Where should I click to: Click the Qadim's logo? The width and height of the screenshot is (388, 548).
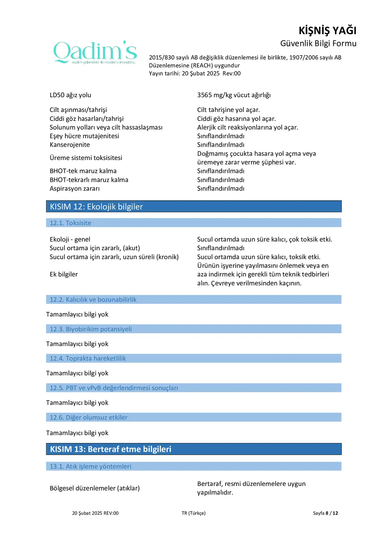pos(95,52)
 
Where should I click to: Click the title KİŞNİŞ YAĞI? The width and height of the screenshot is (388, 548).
pos(327,31)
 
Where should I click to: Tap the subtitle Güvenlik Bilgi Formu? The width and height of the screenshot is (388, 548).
pos(318,43)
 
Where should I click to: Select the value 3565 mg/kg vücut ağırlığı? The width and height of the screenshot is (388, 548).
pos(234,95)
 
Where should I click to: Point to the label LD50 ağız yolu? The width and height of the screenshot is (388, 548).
pos(70,95)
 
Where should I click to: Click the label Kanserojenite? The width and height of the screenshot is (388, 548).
pos(70,145)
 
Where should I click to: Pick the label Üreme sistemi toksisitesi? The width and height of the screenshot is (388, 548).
pos(86,158)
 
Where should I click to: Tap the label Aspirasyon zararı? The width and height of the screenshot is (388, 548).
pos(75,188)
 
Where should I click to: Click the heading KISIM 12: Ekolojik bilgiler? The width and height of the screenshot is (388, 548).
pos(96,207)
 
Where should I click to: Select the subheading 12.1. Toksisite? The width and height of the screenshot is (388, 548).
pos(70,223)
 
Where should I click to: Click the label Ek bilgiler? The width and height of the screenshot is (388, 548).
pos(64,274)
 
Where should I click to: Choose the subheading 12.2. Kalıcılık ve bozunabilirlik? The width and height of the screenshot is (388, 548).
pos(93,300)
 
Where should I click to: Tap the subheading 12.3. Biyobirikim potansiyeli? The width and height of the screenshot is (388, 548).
pos(91,329)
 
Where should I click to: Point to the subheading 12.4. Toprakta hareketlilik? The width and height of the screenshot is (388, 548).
pos(88,359)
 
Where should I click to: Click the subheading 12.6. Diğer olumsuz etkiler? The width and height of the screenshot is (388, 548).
pos(88,417)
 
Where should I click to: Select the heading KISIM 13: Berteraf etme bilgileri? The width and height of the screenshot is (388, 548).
pos(111,449)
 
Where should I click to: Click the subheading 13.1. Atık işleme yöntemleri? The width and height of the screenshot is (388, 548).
pos(90,467)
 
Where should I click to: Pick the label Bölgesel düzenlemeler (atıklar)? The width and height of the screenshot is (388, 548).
pos(94,488)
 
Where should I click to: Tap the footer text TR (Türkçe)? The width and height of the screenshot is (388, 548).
pos(194,513)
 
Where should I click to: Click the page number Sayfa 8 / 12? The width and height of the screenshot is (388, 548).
pos(325,513)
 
